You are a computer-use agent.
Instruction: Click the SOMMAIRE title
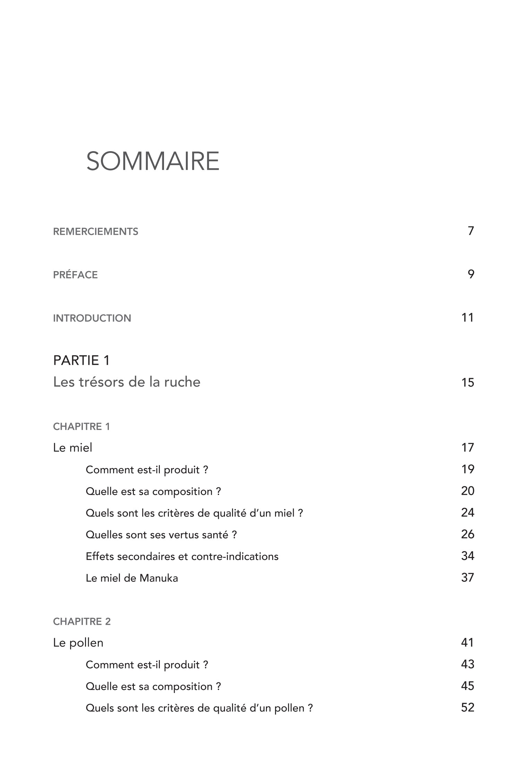pos(153,161)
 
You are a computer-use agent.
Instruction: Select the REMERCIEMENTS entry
pos(95,232)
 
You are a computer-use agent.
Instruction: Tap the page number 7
pos(471,231)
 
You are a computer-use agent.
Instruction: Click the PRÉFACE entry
pos(75,275)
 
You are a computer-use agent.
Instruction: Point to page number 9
pos(471,274)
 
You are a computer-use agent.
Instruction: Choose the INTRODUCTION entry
pos(92,318)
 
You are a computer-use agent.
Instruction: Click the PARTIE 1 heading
pos(81,361)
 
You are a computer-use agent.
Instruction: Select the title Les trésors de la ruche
pos(127,382)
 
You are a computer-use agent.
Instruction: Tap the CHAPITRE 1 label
pos(81,426)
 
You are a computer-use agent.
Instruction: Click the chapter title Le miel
pos(72,448)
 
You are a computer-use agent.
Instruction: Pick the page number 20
pos(467,491)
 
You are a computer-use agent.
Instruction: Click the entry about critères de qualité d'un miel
pos(194,513)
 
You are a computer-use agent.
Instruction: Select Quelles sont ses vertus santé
pos(161,535)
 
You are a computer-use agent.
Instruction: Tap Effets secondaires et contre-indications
pos(182,556)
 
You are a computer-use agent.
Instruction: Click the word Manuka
pos(158,578)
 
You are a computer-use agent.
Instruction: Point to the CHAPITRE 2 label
pos(82,622)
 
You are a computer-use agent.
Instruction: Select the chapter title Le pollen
pos(78,643)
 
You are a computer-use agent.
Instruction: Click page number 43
pos(467,664)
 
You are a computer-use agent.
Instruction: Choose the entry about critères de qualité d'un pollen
pos(199,708)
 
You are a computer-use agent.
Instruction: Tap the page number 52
pos(467,708)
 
